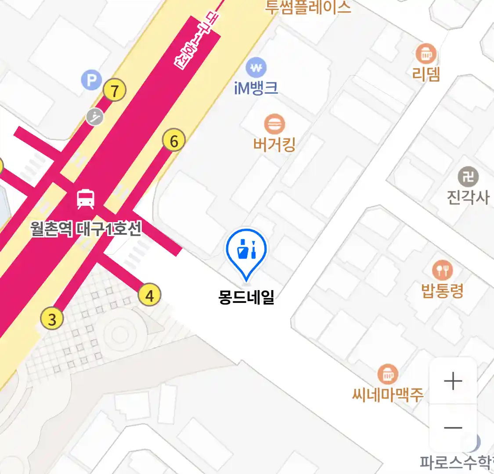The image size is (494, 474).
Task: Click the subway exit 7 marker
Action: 115,91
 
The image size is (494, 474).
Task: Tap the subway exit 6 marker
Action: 174,141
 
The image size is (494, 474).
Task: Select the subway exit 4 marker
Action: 149,295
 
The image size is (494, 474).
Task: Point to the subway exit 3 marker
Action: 52,319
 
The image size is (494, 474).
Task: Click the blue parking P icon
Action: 91,80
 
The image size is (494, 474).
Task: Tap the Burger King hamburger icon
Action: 274,124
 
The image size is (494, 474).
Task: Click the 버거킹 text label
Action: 274,144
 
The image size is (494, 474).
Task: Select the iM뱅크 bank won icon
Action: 256,68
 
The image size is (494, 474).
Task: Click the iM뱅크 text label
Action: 256,88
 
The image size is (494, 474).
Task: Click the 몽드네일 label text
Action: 246,298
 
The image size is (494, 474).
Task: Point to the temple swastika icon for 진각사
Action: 468,177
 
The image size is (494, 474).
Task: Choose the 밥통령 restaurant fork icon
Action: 442,270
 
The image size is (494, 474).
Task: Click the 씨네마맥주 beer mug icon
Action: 387,374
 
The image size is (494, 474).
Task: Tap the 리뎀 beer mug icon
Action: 426,54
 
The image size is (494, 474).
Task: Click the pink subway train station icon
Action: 86,199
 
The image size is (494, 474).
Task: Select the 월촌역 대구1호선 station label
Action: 86,228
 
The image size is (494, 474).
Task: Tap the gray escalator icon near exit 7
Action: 94,117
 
